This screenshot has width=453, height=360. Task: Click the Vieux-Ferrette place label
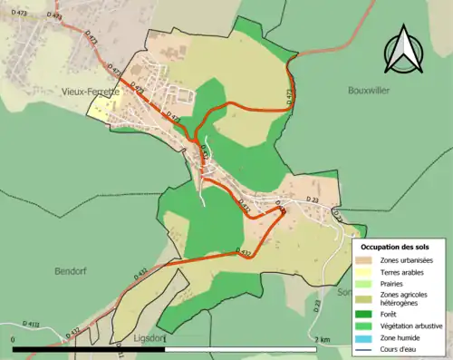(x=91, y=91)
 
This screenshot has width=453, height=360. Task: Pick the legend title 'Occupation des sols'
(x=395, y=247)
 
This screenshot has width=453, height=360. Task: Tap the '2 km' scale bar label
(x=322, y=339)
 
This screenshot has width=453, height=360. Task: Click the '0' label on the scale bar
(x=14, y=339)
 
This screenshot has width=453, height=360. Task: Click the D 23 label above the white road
(x=313, y=199)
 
